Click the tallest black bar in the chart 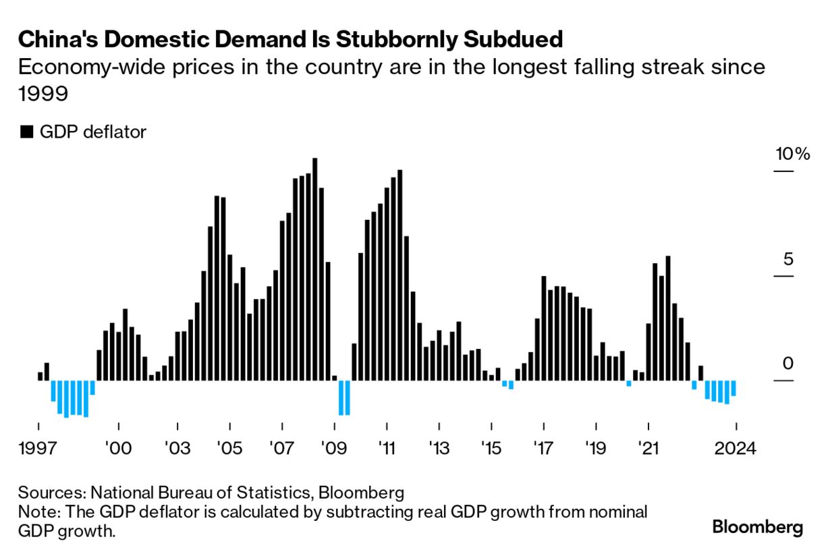315,269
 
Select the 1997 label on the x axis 38,449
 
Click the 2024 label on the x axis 736,449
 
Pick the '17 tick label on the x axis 544,449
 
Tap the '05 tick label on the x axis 229,449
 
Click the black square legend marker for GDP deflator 26,132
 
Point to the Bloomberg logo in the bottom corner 758,527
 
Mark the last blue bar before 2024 734,388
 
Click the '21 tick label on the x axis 648,449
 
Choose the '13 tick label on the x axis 439,449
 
